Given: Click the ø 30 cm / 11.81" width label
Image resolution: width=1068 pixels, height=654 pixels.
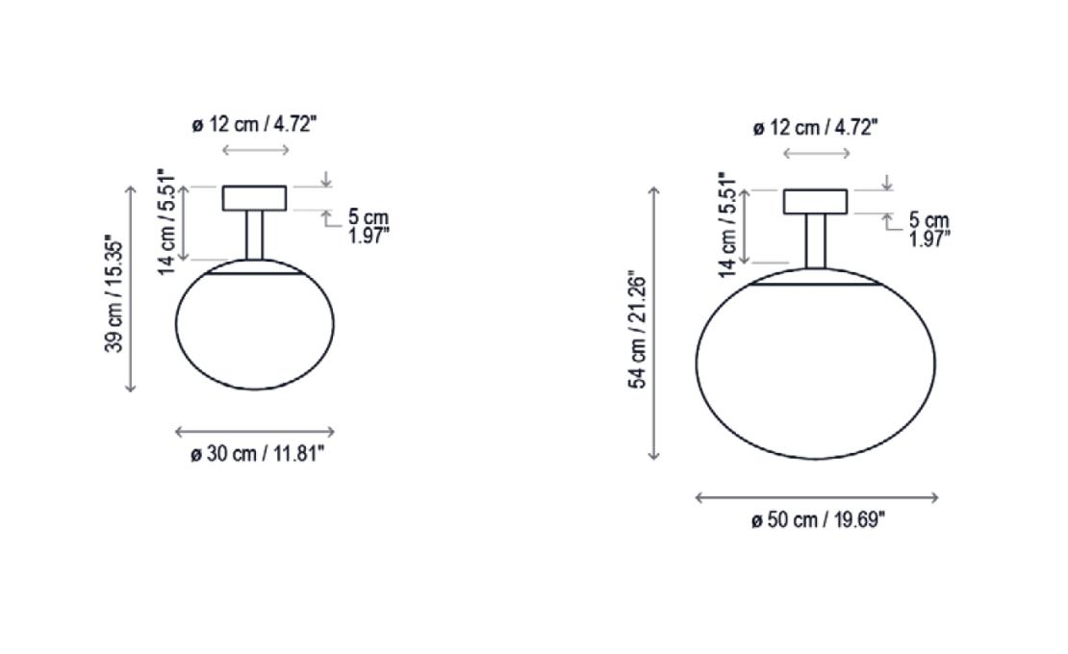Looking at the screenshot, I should (x=257, y=454).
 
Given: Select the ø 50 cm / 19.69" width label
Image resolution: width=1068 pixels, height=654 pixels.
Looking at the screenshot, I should (x=818, y=520).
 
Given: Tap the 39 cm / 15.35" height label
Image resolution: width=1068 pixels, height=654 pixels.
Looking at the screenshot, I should (x=114, y=292).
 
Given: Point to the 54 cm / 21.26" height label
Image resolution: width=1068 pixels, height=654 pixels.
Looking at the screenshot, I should (x=637, y=331).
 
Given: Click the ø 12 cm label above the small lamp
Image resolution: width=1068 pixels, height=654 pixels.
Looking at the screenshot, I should (x=254, y=125).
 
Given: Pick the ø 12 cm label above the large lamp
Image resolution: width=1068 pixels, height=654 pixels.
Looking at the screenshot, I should (x=815, y=128).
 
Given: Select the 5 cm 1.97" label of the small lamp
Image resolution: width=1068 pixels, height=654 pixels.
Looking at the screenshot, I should (x=368, y=227).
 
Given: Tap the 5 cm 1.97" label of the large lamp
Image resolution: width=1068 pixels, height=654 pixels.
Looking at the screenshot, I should (x=928, y=231).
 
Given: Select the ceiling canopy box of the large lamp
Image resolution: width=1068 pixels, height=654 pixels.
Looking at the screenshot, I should (x=815, y=201).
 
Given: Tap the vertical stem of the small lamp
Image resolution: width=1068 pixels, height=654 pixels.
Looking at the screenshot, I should (x=254, y=235).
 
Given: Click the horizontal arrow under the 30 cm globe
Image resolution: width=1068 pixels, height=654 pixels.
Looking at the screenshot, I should (x=255, y=433).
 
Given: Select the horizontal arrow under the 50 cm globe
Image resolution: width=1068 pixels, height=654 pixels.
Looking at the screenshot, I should (x=816, y=497).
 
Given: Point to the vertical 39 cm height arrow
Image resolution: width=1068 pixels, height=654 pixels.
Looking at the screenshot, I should (x=131, y=289).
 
